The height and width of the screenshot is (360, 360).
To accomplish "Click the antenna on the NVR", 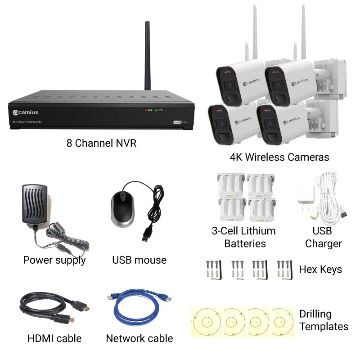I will coord(147,54).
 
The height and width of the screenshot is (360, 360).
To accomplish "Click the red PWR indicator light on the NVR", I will coord(145,110).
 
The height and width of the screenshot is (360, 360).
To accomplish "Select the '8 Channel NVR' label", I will coord(101,144).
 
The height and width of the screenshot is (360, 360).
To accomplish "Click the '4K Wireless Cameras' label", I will coord(279,157).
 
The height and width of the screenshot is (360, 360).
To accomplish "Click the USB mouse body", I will coord(122,208).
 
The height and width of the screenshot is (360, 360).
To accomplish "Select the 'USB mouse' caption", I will coord(139,260).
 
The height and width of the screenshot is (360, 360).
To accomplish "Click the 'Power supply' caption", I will coord(54,260).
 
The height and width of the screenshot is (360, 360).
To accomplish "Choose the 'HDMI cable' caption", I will coord(54,338).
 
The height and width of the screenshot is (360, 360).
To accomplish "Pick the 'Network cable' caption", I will coord(139,338).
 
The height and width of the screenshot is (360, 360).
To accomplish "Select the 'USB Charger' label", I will coord(323,237).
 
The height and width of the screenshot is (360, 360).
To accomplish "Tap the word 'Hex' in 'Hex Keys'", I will coord(308,270).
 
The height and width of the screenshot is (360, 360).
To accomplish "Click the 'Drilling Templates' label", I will coord(324,320).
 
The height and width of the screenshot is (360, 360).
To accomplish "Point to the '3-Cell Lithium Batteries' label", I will coord(243,237).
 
